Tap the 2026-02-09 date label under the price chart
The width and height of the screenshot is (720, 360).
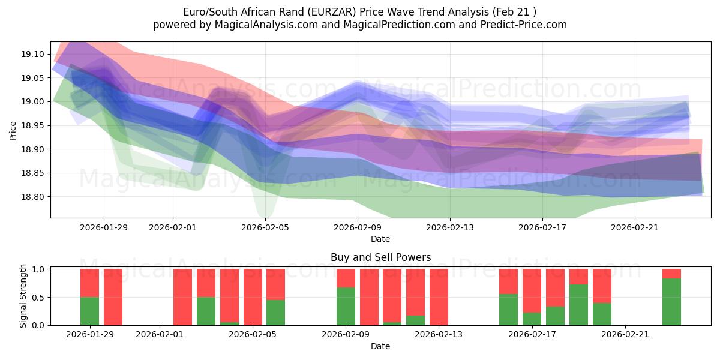pos(358,227)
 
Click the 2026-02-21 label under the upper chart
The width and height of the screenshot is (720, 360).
pos(635,227)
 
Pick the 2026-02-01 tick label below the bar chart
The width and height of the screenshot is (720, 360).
pos(160,335)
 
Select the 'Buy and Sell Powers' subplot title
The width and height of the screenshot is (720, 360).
pos(380,257)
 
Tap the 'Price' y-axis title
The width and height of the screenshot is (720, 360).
pos(14,130)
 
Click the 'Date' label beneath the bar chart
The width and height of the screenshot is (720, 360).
pos(380,346)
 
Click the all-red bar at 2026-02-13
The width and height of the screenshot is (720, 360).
pos(439,297)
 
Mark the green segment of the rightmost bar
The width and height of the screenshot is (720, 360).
pos(671,302)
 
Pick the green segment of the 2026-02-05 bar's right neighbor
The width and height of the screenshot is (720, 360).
pos(275,313)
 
